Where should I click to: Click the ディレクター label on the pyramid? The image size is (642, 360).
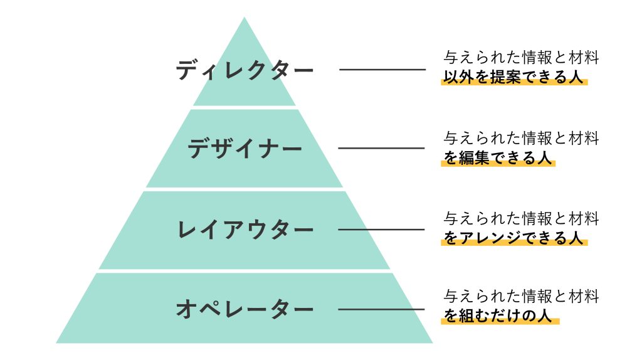(245, 70)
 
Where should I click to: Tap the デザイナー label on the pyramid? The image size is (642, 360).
(245, 149)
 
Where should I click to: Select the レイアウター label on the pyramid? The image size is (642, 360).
(245, 230)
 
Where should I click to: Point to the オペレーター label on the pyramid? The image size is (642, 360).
(245, 309)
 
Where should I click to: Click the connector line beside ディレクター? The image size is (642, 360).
(382, 69)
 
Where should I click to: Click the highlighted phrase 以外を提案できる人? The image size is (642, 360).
(514, 78)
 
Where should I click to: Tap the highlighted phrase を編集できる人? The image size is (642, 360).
(498, 158)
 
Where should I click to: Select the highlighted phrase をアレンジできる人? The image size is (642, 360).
(514, 238)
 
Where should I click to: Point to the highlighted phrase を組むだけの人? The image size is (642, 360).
(500, 316)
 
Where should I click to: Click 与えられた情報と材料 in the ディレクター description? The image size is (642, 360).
(522, 58)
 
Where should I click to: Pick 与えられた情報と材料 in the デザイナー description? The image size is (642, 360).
(522, 138)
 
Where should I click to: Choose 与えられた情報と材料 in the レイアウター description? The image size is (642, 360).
(522, 218)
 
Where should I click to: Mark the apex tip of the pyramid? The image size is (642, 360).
(244, 19)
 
